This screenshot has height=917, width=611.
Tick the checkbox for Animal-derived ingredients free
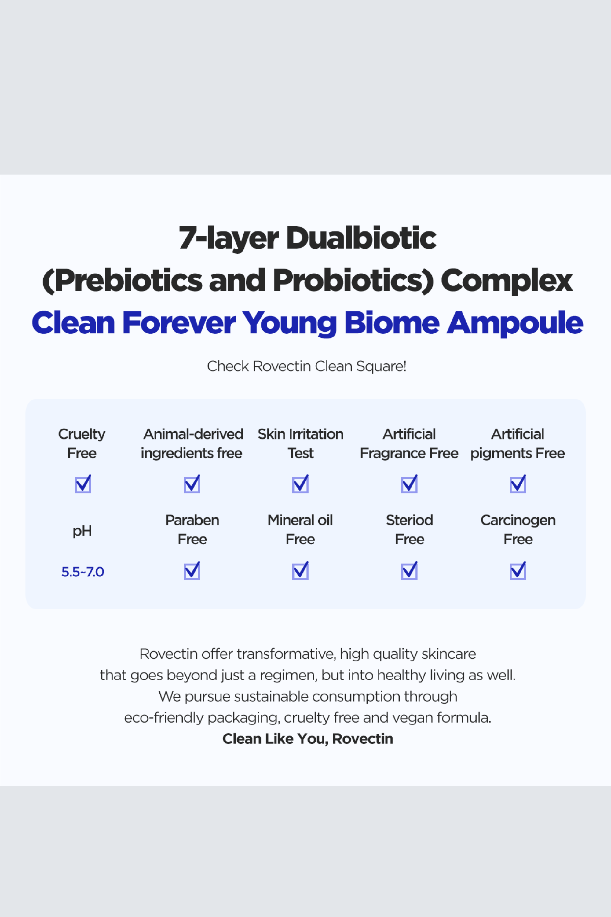192,484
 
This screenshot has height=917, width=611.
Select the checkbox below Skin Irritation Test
300,484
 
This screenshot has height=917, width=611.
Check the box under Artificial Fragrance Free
409,484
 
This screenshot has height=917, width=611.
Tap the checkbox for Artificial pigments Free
518,484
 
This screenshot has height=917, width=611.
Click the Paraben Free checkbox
192,570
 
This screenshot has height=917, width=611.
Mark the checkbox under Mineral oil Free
300,570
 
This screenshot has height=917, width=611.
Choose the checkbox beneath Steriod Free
409,570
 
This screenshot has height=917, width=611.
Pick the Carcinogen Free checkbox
518,570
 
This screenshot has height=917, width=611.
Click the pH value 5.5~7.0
82,572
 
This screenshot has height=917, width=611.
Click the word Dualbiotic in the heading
361,238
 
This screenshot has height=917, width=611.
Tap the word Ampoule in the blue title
515,323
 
